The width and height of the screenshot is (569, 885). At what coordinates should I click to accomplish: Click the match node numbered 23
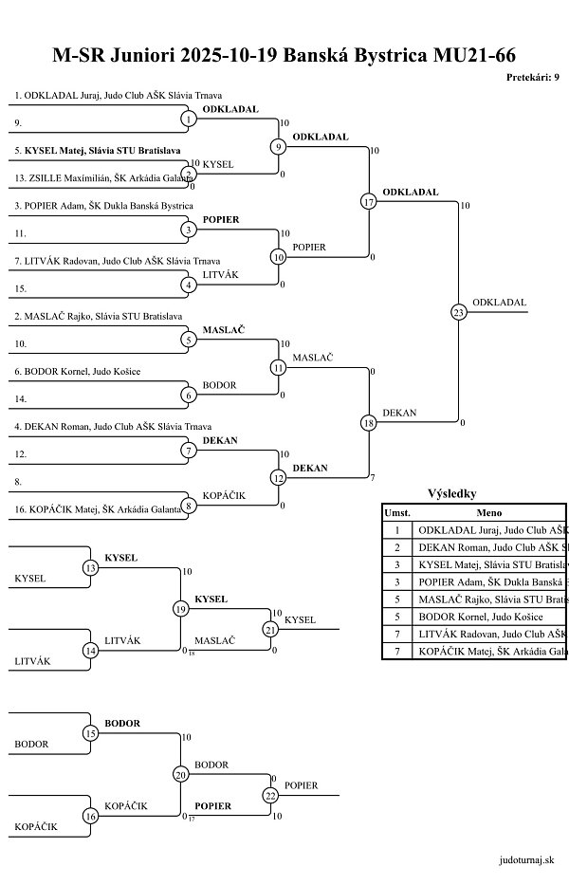459,312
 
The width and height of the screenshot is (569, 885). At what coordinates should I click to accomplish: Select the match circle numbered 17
369,202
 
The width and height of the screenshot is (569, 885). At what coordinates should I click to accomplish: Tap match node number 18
369,423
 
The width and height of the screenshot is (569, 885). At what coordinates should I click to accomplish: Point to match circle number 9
279,147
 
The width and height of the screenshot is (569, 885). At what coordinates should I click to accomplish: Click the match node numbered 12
279,478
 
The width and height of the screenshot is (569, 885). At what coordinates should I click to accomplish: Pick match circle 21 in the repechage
270,629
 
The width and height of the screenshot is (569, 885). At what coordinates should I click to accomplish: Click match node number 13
91,568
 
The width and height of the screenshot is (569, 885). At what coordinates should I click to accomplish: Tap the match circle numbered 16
91,816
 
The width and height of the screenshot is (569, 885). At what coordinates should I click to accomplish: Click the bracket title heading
284,55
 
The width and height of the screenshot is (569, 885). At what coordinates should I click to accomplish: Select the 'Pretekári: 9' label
532,78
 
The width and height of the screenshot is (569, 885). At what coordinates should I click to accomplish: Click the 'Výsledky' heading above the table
452,493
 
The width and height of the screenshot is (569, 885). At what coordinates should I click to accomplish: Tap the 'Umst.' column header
396,512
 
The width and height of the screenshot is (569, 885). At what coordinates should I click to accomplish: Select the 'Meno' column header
489,512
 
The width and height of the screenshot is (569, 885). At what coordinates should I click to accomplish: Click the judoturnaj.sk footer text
525,859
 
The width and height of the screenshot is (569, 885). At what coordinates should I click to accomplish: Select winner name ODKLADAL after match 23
499,303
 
